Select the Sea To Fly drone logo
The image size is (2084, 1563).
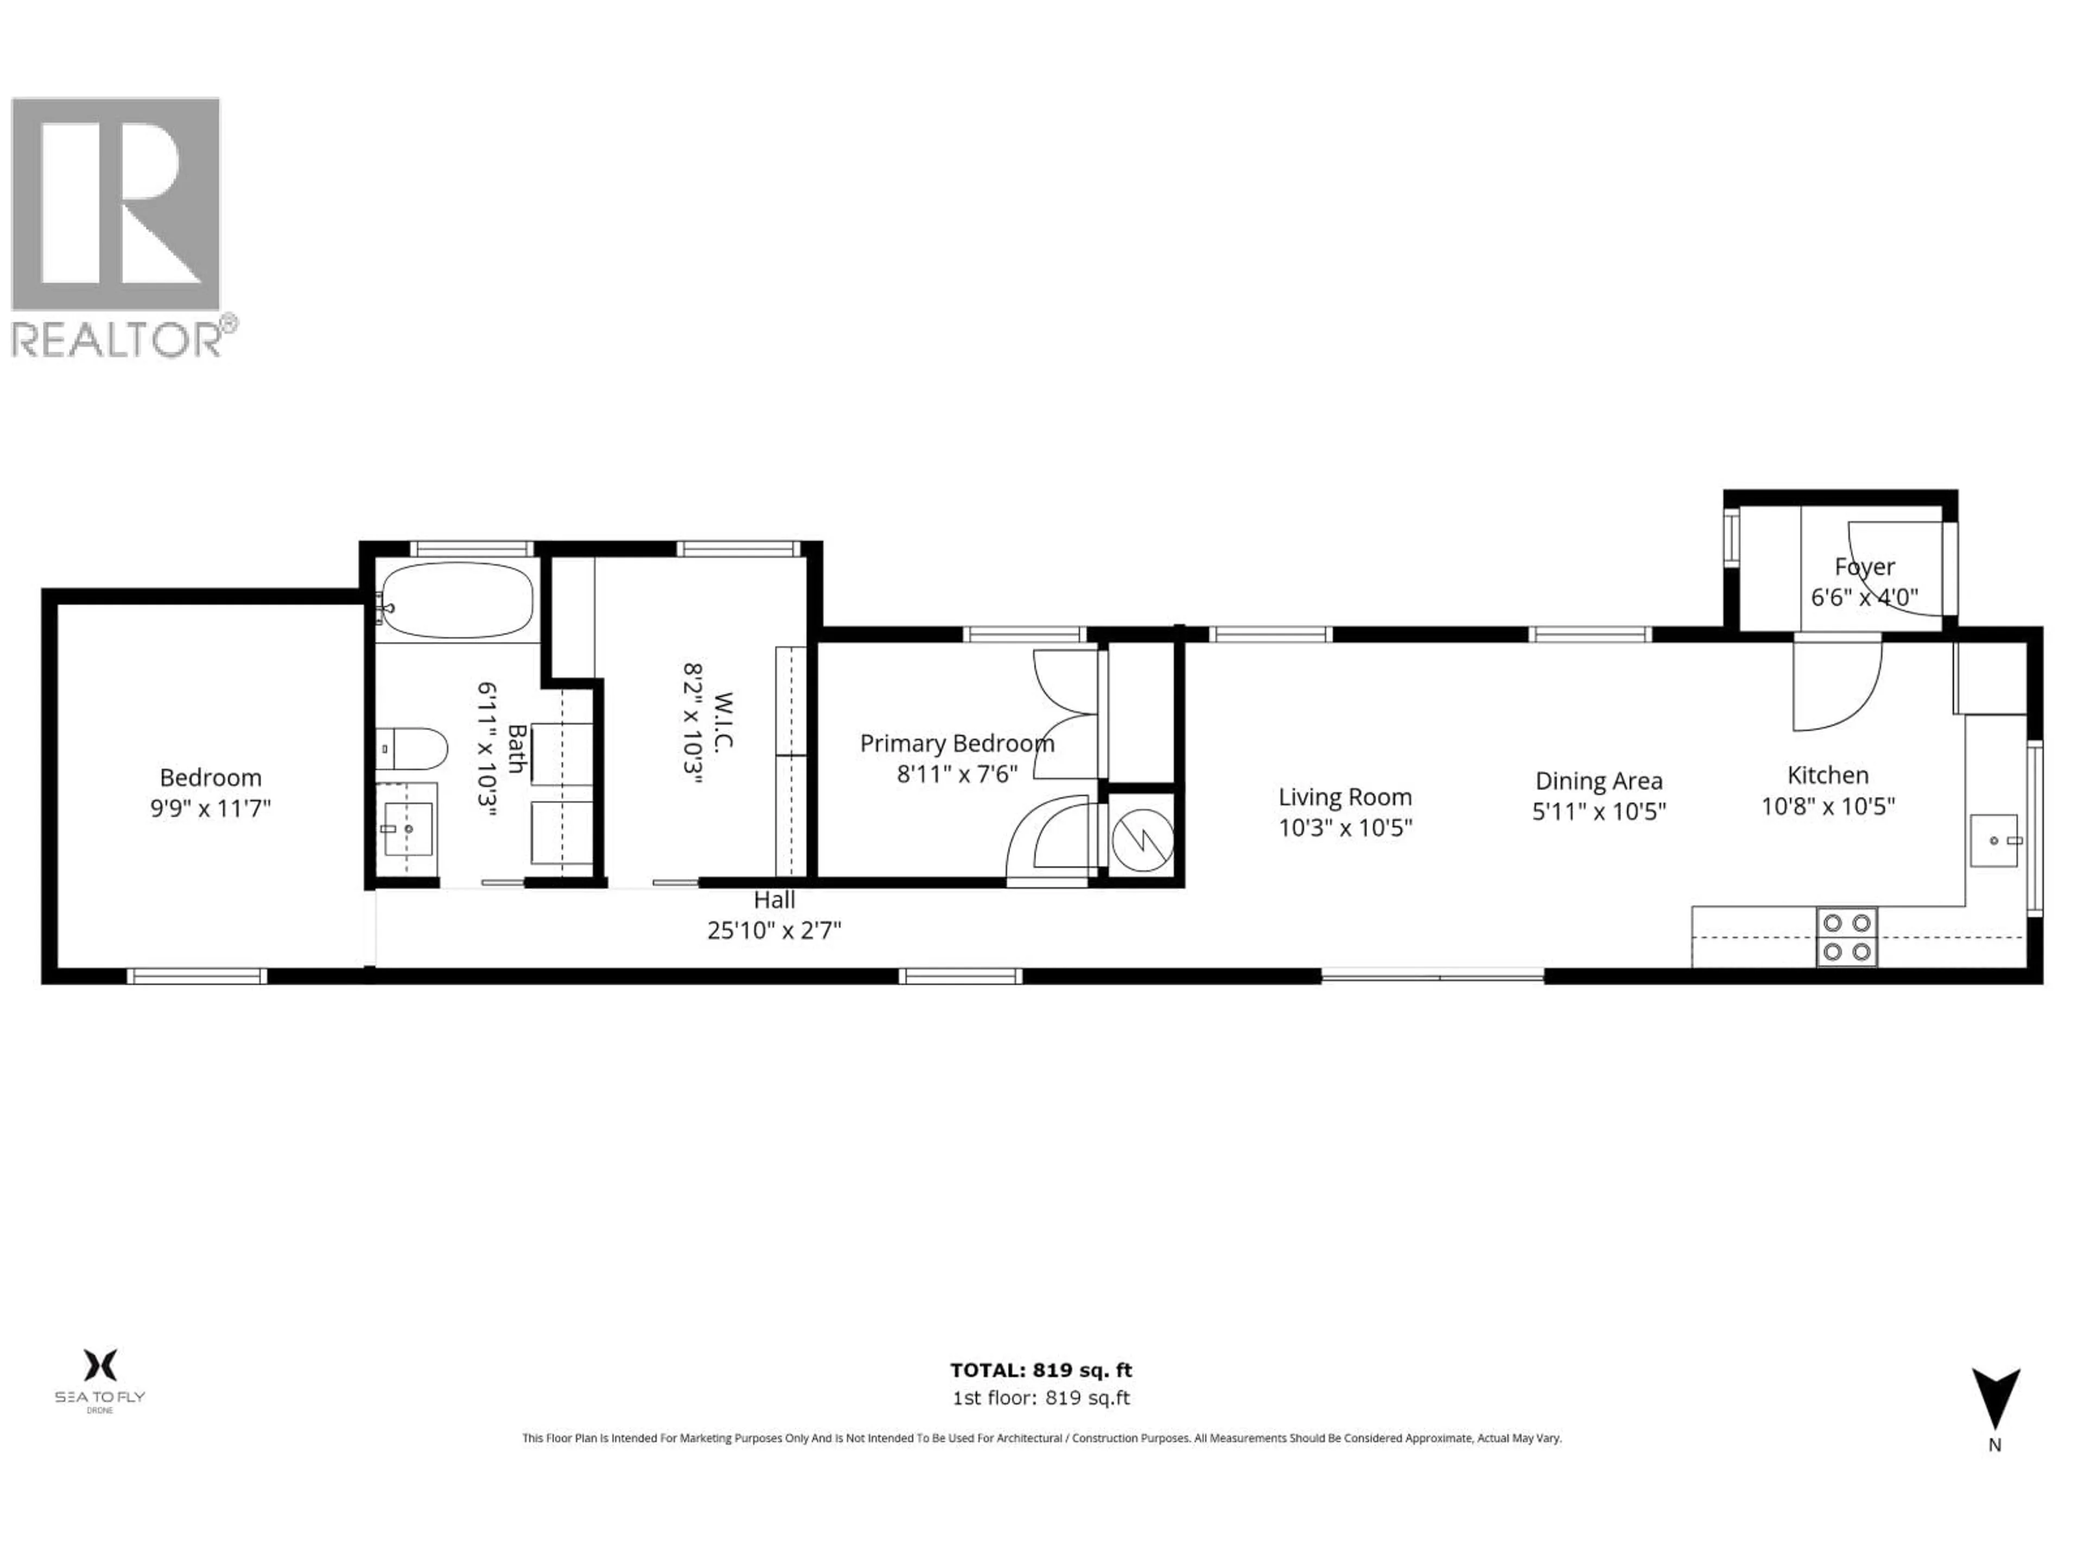(100, 1376)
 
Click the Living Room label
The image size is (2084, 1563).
(1344, 797)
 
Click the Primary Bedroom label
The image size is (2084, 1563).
(956, 744)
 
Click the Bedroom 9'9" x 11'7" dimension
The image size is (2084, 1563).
(210, 808)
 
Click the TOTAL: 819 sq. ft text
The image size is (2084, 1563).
(1041, 1370)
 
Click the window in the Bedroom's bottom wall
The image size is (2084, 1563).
(197, 976)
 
